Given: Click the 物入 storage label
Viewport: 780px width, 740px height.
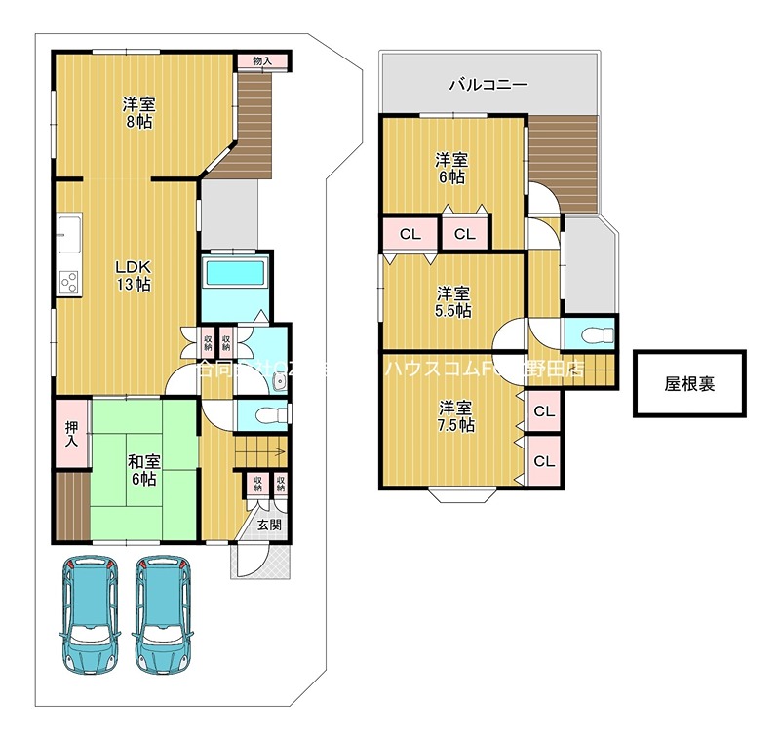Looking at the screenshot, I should coord(261,61).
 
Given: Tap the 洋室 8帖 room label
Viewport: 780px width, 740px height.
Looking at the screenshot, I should coord(137,113).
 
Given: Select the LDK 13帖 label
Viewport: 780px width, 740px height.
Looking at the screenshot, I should coord(135,275).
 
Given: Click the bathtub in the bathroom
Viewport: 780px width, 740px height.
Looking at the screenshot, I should coord(236,270).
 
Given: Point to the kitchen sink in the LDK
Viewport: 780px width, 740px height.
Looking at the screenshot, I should coord(70,235).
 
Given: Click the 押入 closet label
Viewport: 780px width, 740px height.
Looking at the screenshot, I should coord(71,433).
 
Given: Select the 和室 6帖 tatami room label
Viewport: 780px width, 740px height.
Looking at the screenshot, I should coord(142,470).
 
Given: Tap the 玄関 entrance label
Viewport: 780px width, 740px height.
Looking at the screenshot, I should coord(269,525).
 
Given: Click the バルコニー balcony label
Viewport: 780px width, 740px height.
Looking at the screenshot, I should coord(487,85).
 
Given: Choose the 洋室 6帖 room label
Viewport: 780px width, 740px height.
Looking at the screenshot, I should coord(450,168).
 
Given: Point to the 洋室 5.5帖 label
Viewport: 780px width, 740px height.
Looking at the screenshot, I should coord(452,301).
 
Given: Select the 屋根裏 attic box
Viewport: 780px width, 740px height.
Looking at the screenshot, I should coord(689,384).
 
